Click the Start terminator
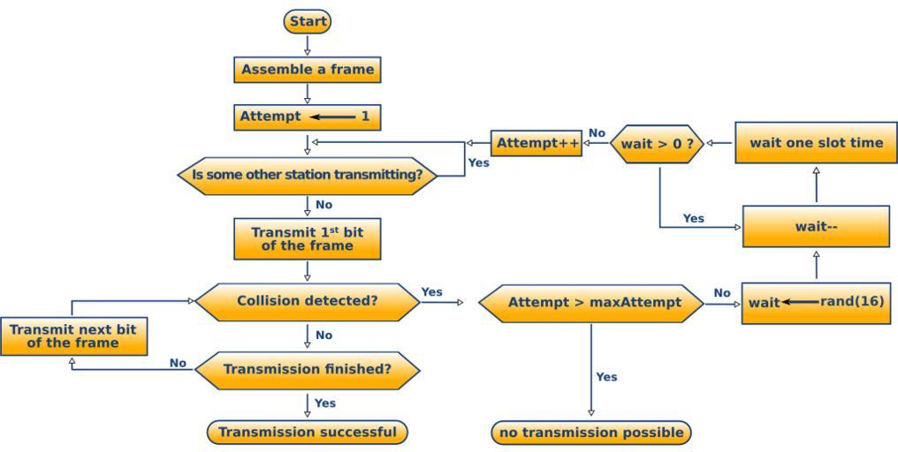308,21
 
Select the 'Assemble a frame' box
308,70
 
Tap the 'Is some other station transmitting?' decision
308,175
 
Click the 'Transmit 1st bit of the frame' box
308,238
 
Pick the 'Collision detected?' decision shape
308,301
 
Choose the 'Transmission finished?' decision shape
308,369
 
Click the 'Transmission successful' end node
308,432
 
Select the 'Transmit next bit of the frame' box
73,336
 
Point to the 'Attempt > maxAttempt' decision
591,303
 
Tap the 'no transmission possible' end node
591,433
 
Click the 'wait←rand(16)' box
816,303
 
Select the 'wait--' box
816,227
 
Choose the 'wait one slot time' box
816,143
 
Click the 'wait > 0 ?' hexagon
657,144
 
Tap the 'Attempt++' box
537,143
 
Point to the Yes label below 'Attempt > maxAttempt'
606,377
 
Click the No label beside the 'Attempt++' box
597,133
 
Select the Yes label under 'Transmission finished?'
325,403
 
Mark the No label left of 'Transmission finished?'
178,363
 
